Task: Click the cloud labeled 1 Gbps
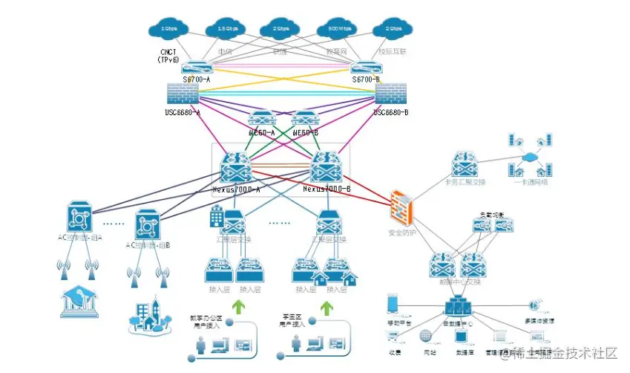pos(170,29)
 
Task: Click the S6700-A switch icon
pos(197,67)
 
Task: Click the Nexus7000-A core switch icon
pos(237,166)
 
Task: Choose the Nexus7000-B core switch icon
pos(327,166)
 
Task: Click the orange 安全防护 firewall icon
pos(402,207)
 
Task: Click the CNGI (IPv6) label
pos(168,55)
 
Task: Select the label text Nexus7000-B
pos(326,189)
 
